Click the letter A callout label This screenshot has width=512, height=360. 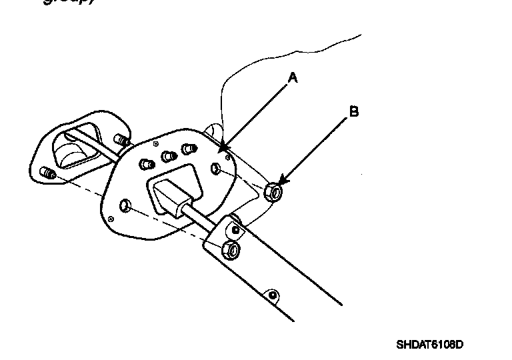click(293, 78)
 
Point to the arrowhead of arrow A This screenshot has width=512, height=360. click(221, 147)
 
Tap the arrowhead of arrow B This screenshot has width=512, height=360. click(281, 184)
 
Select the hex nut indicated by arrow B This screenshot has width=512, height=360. click(273, 192)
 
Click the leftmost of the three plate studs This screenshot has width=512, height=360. click(147, 163)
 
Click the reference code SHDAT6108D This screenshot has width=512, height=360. click(429, 345)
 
